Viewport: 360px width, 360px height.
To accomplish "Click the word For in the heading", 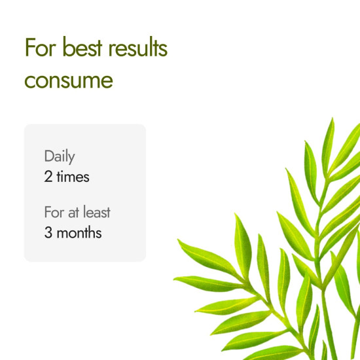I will coord(39,48).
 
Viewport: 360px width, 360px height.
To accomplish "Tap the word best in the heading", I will coord(77,48).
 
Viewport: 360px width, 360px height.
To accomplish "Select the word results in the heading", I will coord(137,48).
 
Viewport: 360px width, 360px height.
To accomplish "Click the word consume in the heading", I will coord(69,81).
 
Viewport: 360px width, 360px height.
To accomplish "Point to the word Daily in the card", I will coord(60,157).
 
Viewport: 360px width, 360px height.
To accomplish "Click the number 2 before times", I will coord(48,177).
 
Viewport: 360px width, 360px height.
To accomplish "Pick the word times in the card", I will coord(73,177).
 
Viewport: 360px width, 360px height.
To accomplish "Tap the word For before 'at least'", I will coord(54,213).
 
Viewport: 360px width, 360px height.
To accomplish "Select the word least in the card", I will coord(96,213).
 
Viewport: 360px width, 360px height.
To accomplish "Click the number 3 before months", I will coord(48,232).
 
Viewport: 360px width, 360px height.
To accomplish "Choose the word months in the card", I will coord(79,232).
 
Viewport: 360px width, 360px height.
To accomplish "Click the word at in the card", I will coord(73,213).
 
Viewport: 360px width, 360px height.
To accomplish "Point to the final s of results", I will coord(163,50).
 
